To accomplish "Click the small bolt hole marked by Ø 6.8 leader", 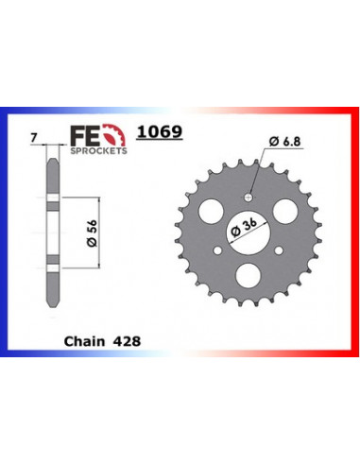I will (248, 197).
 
